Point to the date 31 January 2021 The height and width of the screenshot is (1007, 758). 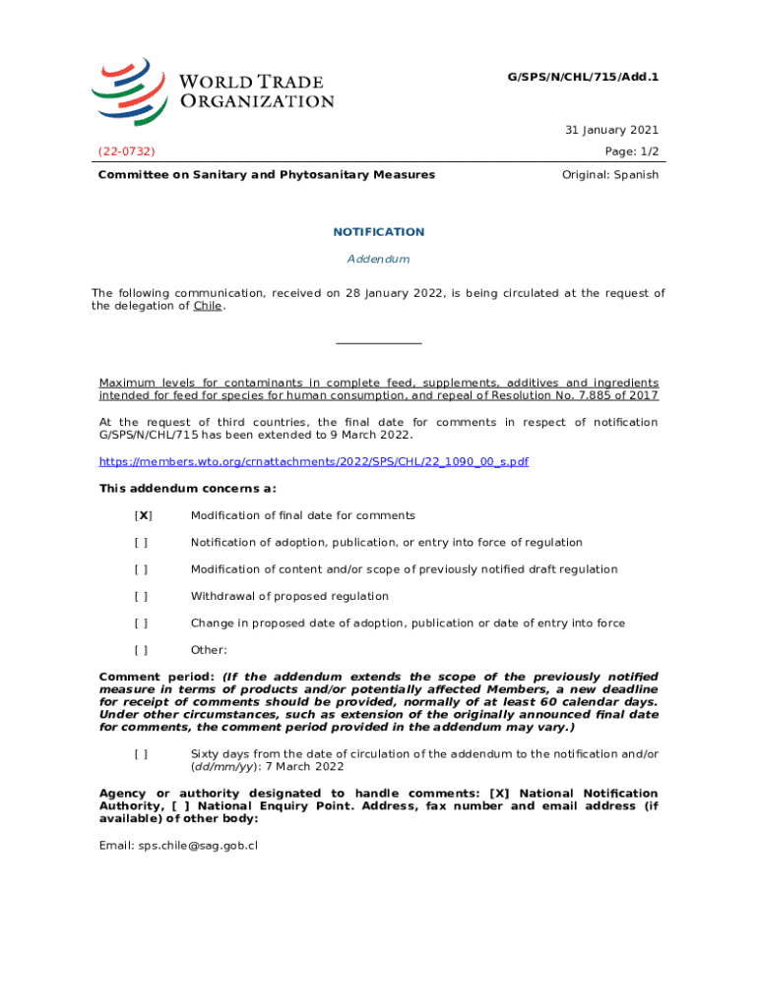pos(611,130)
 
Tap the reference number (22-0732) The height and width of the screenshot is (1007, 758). pos(126,150)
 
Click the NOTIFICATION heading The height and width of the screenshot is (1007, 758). pos(379,232)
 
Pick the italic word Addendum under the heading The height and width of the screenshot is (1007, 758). pos(378,259)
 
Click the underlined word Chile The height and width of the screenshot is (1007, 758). pos(207,306)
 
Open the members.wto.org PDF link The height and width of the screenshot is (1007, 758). pos(314,461)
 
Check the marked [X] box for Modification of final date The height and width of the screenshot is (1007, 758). pos(143,515)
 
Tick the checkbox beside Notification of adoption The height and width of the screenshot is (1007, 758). pos(142,543)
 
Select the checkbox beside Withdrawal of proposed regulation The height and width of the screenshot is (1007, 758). pos(142,596)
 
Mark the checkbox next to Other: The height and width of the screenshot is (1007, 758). pos(142,650)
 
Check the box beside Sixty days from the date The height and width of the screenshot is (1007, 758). pos(142,753)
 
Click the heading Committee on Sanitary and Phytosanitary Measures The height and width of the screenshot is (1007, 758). pos(266,175)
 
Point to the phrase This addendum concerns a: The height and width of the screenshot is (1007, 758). pos(188,489)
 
